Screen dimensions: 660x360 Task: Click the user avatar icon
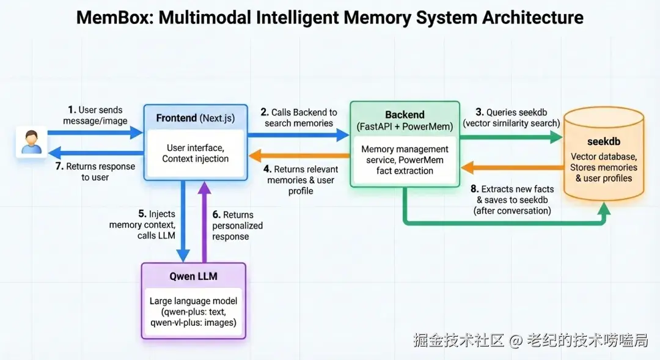point(32,142)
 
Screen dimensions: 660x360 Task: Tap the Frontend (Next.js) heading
point(196,118)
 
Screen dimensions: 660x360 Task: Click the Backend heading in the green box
point(405,114)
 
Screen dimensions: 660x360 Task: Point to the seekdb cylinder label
point(604,141)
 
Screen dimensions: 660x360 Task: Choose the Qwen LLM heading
point(194,276)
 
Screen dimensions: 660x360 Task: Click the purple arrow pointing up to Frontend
point(205,222)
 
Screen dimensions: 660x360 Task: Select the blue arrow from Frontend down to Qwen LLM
point(183,221)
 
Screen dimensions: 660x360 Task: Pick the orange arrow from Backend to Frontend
point(299,156)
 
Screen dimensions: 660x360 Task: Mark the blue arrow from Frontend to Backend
point(298,134)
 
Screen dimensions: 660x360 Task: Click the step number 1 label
point(72,110)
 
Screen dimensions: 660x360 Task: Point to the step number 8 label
point(474,189)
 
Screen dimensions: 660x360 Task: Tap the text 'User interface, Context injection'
point(196,153)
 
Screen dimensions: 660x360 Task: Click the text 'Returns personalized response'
point(237,226)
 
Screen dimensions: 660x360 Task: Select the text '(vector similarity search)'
point(512,123)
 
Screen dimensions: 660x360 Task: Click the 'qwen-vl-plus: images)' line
point(193,323)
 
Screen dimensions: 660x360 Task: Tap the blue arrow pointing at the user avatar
point(96,153)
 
